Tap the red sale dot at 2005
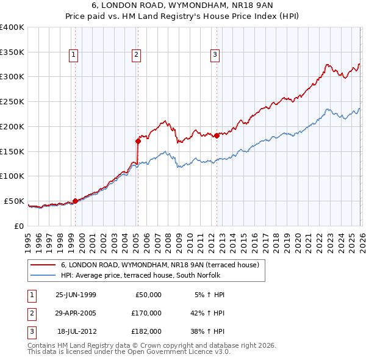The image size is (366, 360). tap(138, 141)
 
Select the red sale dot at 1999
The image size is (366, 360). tap(75, 200)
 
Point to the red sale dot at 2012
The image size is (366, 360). tap(217, 135)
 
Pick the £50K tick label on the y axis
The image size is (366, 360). tap(14, 201)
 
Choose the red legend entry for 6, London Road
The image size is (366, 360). tap(160, 265)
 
